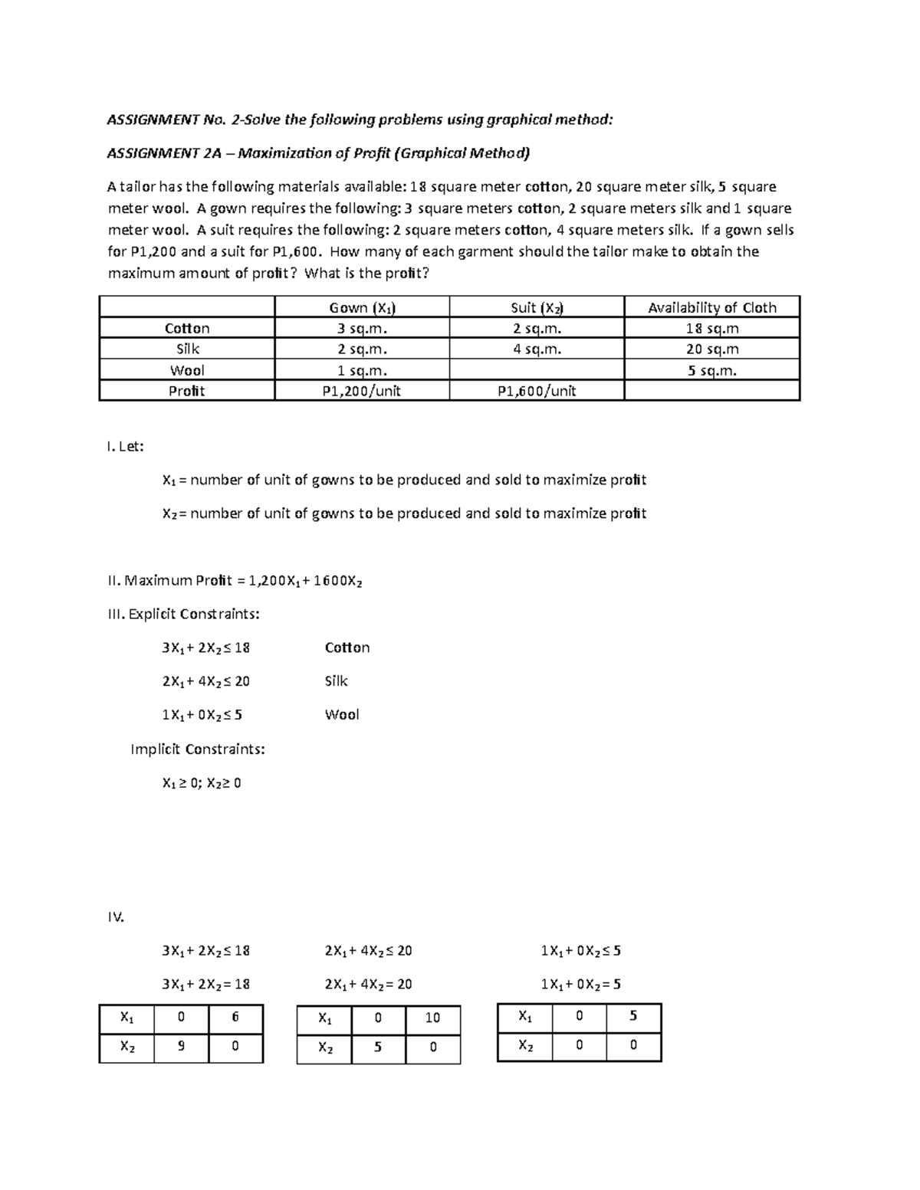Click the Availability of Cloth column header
(712, 307)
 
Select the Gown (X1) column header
(362, 307)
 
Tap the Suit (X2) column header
(537, 307)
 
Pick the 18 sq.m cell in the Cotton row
(712, 328)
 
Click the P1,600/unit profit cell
(537, 391)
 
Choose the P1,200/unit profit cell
(362, 391)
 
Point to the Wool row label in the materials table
(187, 370)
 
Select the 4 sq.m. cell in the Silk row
(537, 349)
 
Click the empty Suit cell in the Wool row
(537, 370)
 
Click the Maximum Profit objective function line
(235, 580)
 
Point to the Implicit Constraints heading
(198, 749)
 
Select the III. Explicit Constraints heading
(183, 614)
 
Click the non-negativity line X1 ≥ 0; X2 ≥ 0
(202, 782)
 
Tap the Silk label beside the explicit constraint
(336, 680)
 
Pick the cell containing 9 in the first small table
(181, 1045)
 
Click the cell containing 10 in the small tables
(432, 1018)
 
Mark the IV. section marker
(115, 916)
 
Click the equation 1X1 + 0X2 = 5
(580, 984)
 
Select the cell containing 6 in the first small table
(235, 1017)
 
